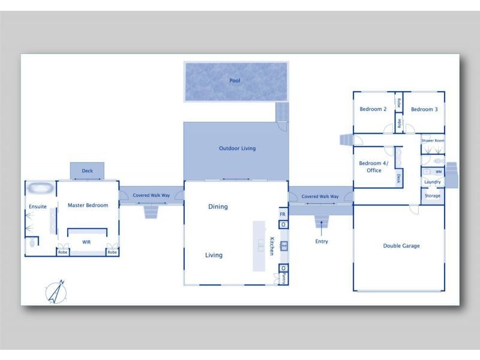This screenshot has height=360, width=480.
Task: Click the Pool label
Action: (x=235, y=80)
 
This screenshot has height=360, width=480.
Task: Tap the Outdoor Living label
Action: (x=237, y=148)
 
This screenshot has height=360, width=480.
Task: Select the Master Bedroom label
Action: (x=88, y=205)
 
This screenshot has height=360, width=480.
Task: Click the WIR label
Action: (x=86, y=242)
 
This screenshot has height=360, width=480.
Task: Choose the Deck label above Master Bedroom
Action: (x=88, y=171)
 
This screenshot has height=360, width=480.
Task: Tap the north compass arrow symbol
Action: (x=56, y=291)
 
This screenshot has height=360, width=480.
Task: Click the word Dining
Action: (x=218, y=207)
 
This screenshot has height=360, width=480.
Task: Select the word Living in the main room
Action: (x=214, y=255)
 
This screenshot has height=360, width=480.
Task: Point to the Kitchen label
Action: (x=272, y=246)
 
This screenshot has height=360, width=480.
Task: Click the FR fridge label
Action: (x=283, y=214)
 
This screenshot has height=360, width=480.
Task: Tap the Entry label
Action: (x=322, y=242)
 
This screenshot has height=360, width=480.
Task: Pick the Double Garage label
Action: (x=401, y=245)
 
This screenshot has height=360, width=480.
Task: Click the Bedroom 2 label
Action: (x=373, y=109)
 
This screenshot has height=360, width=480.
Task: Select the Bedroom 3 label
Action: (x=424, y=109)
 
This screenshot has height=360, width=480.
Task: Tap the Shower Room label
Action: (x=433, y=140)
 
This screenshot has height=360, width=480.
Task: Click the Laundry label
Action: (x=433, y=182)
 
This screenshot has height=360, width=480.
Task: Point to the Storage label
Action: (x=433, y=196)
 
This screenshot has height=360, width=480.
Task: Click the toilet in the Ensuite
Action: (x=33, y=244)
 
